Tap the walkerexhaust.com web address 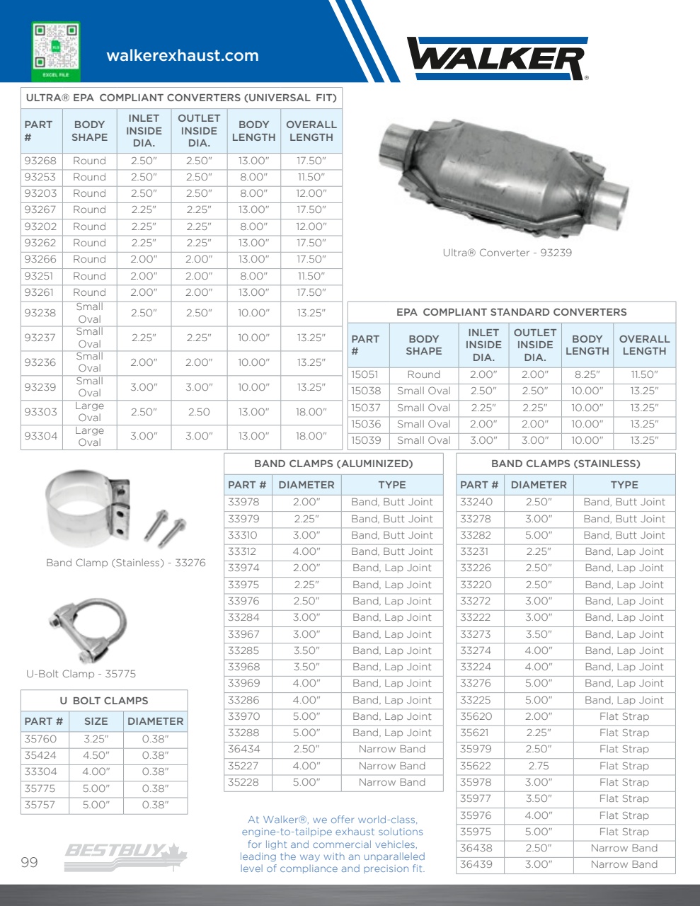(183, 56)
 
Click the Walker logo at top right (498, 58)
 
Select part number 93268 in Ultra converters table (40, 161)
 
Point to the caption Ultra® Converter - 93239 (507, 253)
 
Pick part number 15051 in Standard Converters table (365, 374)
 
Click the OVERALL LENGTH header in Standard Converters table (644, 345)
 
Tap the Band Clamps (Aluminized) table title (333, 464)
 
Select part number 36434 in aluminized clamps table (243, 749)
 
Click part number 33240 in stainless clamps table (476, 502)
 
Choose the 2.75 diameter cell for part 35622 (539, 766)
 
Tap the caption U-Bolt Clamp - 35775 (81, 674)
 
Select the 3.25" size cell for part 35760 (96, 739)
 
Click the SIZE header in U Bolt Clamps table (96, 721)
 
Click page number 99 (29, 862)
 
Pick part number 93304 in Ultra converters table (40, 436)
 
